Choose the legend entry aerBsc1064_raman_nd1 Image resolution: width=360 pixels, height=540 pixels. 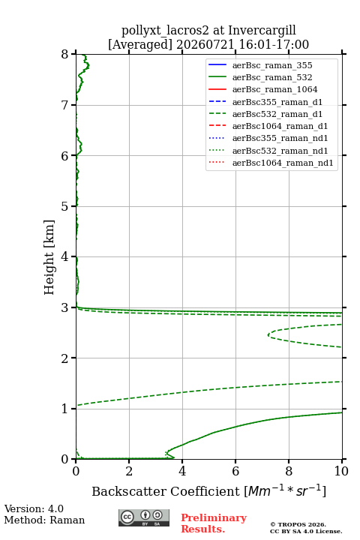271,163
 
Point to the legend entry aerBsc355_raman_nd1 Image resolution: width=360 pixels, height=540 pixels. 268,138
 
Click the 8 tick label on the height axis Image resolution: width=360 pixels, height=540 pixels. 65,54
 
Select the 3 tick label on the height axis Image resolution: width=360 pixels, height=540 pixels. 65,307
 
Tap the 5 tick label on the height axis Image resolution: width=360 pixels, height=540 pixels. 65,206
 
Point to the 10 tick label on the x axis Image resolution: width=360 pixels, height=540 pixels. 341,471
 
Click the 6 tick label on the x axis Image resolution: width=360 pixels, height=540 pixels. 235,471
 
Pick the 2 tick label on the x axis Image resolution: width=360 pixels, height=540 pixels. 129,471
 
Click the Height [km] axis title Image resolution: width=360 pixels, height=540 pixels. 49,257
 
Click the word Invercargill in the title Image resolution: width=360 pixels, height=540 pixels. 262,31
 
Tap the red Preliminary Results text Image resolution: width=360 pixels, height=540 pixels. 214,523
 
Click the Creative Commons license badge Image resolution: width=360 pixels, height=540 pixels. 144,517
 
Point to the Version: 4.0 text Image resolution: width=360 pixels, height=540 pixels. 34,508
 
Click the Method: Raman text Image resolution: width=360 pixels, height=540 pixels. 44,520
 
